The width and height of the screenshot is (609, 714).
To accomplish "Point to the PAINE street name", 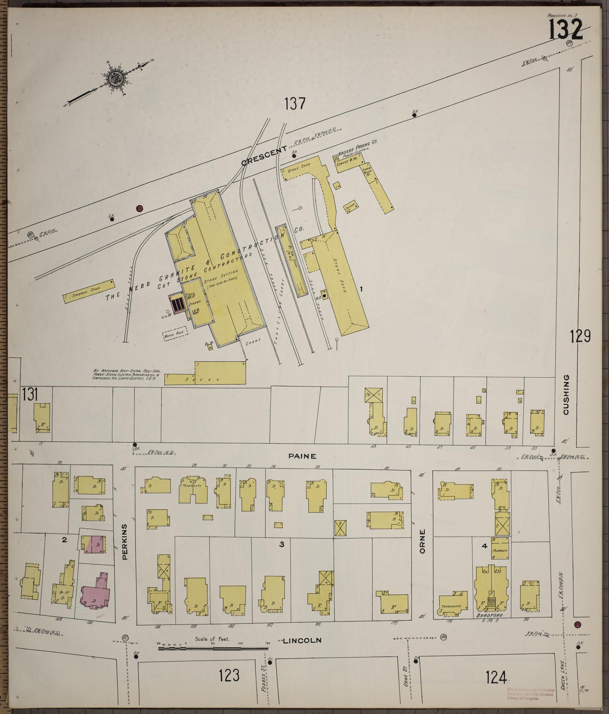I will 302,456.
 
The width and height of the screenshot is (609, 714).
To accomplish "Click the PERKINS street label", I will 125,547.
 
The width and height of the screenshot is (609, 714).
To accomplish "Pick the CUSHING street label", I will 566,395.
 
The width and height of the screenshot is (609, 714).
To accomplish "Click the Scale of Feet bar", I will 213,648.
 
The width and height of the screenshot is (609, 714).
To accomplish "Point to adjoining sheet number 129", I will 580,336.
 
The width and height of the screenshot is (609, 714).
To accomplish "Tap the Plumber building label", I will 500,551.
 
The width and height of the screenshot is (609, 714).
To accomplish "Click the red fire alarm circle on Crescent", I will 139,208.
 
